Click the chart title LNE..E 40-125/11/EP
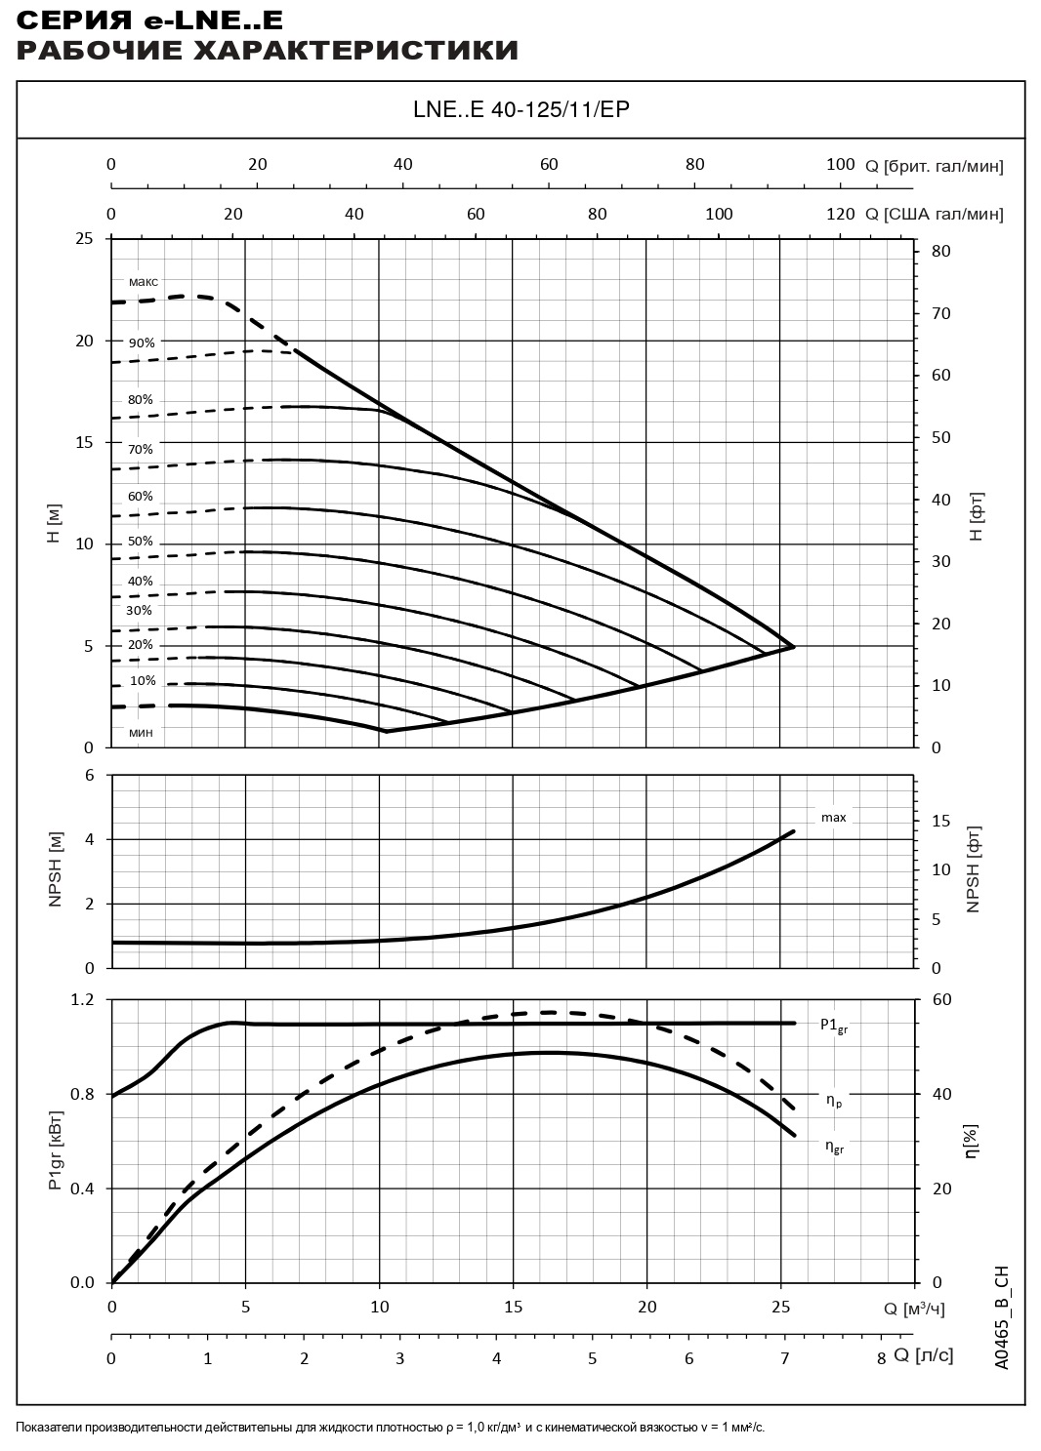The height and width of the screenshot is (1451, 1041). click(x=520, y=109)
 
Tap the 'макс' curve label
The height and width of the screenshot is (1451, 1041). click(x=143, y=282)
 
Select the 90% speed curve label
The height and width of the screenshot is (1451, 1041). click(x=142, y=343)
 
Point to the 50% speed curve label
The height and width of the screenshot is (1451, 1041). click(x=141, y=543)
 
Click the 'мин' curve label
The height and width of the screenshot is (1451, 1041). click(x=141, y=732)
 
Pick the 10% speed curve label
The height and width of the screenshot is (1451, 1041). click(x=143, y=681)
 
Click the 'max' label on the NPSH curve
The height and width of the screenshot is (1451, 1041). click(x=833, y=818)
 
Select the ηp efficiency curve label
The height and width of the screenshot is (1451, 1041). click(x=833, y=1101)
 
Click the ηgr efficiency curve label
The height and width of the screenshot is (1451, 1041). click(x=834, y=1148)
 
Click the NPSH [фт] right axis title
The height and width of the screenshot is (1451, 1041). click(x=973, y=869)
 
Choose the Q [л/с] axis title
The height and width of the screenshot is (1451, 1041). click(x=923, y=1355)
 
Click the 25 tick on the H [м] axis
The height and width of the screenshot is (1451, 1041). click(x=85, y=239)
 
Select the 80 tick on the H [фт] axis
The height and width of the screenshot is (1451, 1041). click(x=940, y=252)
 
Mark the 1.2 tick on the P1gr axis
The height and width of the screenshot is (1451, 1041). click(x=82, y=1000)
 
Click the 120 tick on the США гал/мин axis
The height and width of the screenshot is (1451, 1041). click(x=840, y=215)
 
